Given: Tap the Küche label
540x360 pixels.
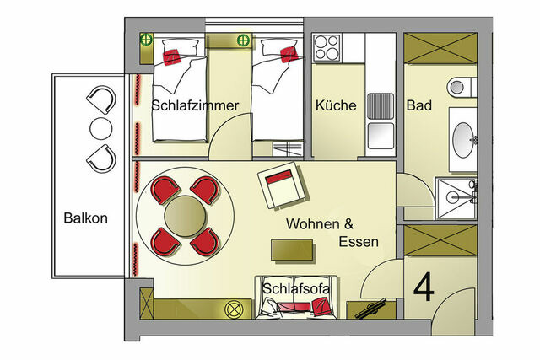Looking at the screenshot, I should [336, 106].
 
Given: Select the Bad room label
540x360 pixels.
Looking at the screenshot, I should [419, 106].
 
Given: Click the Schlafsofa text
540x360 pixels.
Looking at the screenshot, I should [296, 288].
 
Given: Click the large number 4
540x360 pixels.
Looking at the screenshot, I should [424, 287].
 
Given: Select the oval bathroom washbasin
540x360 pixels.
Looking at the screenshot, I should [463, 137].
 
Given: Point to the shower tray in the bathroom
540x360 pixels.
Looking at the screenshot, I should [456, 196].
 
